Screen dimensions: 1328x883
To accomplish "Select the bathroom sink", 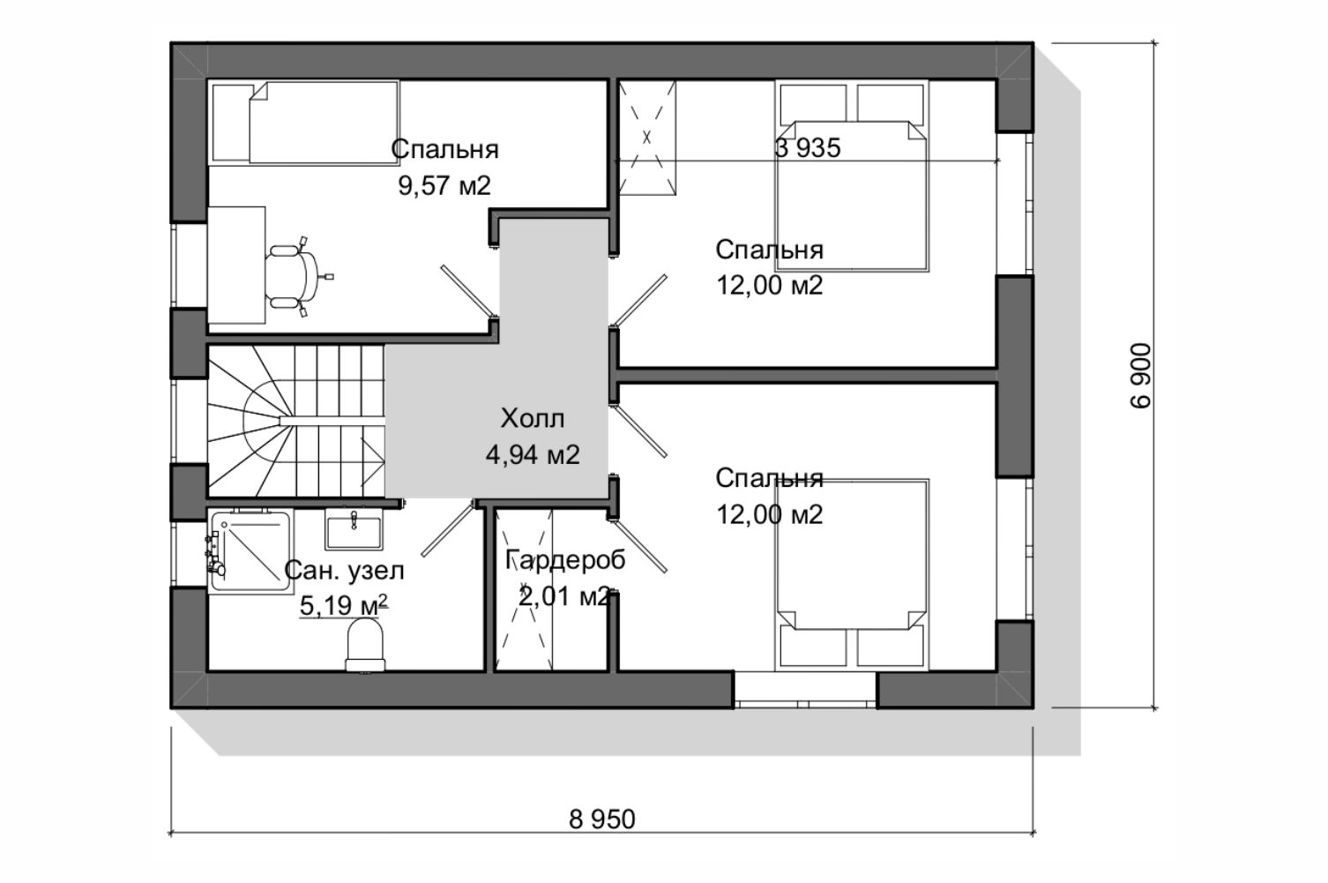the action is (354, 529).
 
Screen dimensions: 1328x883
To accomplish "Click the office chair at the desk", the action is (296, 276).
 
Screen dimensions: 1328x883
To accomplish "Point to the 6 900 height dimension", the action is (1141, 376).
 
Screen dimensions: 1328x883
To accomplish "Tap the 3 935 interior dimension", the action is (808, 148).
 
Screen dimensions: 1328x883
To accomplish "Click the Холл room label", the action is (533, 419).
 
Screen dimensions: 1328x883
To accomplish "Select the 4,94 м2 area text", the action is (533, 455).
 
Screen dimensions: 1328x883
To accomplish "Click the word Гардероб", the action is (565, 560).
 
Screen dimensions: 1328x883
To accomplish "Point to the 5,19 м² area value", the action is (344, 605).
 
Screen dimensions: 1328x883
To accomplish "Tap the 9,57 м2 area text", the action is (444, 186).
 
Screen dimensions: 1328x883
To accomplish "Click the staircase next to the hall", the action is (295, 421).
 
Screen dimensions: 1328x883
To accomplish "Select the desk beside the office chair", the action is (236, 266).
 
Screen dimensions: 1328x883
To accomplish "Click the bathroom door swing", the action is (449, 529).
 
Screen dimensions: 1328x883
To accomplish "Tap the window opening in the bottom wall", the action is (805, 690).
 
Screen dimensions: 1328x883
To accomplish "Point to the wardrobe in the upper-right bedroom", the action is (647, 138).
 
